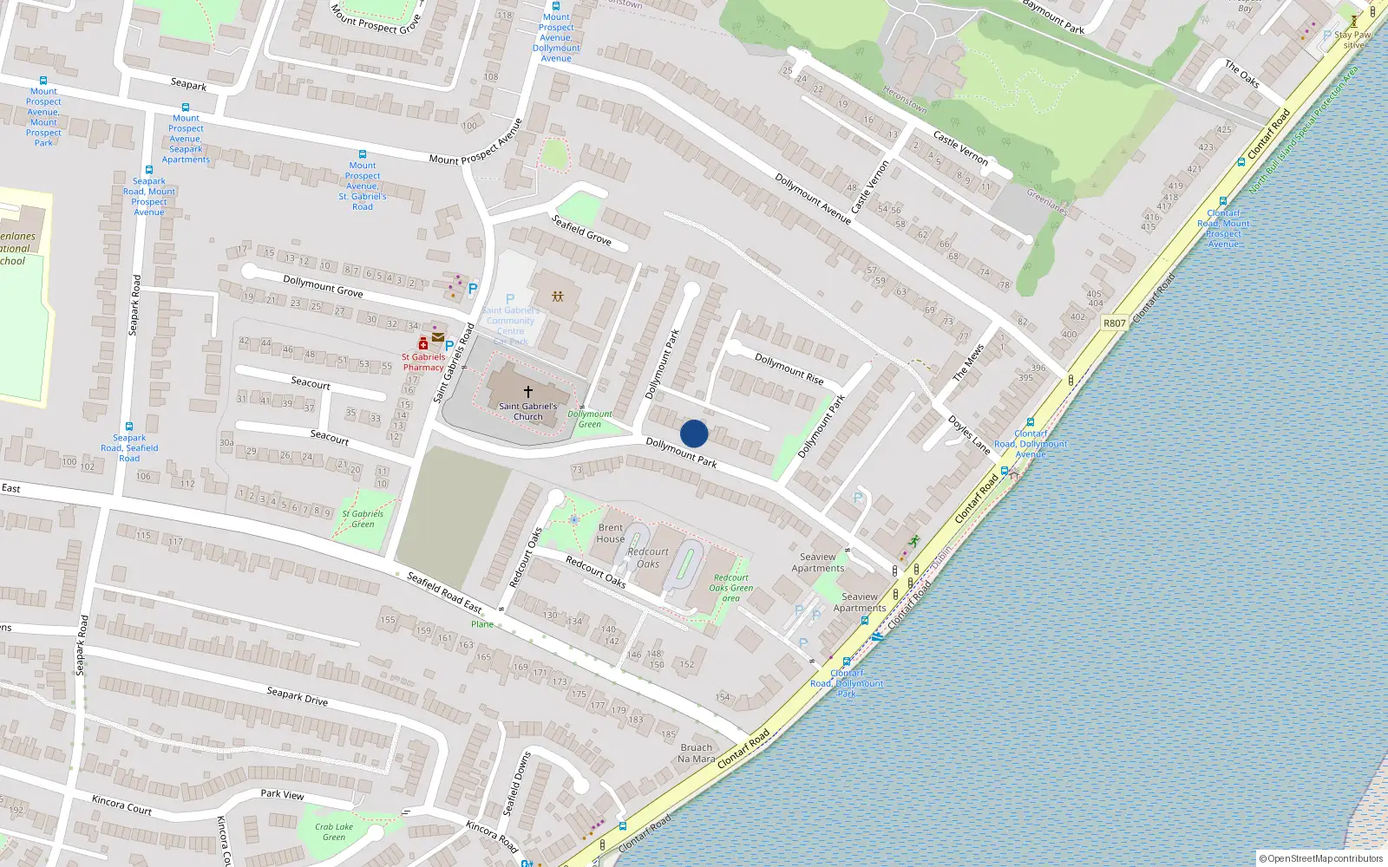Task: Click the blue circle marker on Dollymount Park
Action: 694,433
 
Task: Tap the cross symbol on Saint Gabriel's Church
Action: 527,392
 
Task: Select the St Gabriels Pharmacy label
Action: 422,362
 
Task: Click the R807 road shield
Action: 1114,323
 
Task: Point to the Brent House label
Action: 610,533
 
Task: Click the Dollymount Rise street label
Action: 789,368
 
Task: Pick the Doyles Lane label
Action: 968,435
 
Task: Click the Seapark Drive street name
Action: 297,695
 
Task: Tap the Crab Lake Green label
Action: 334,831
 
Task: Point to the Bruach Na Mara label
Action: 697,753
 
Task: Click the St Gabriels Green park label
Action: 363,518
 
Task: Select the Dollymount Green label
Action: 590,419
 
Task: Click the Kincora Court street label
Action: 121,805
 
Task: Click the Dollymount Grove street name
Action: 323,285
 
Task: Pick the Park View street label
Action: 282,793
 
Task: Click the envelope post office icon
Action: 438,337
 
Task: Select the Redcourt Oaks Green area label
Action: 730,588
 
